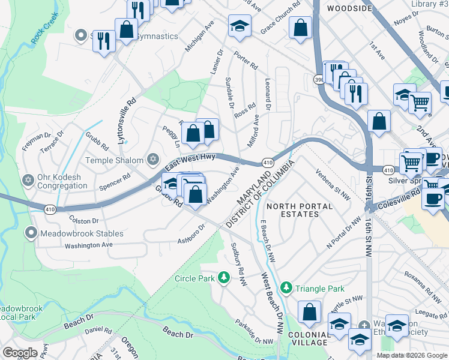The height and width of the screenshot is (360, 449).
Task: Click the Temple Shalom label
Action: (114, 160)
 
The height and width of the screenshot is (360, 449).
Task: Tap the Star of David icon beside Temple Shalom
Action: (153, 160)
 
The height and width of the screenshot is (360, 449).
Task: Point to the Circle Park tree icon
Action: (224, 277)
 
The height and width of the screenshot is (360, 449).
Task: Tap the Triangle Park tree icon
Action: (287, 288)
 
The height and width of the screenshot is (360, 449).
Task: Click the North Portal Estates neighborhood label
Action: (300, 211)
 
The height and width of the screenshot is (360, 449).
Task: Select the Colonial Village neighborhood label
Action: (307, 338)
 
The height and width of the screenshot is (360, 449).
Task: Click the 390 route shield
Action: (319, 79)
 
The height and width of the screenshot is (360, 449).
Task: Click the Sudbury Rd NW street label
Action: (238, 262)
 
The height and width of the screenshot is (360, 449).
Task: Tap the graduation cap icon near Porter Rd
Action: (239, 26)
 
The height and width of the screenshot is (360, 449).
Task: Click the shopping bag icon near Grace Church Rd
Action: (300, 28)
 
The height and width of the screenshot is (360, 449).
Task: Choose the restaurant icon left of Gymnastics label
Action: (104, 40)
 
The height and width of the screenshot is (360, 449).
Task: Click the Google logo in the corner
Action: (20, 352)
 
